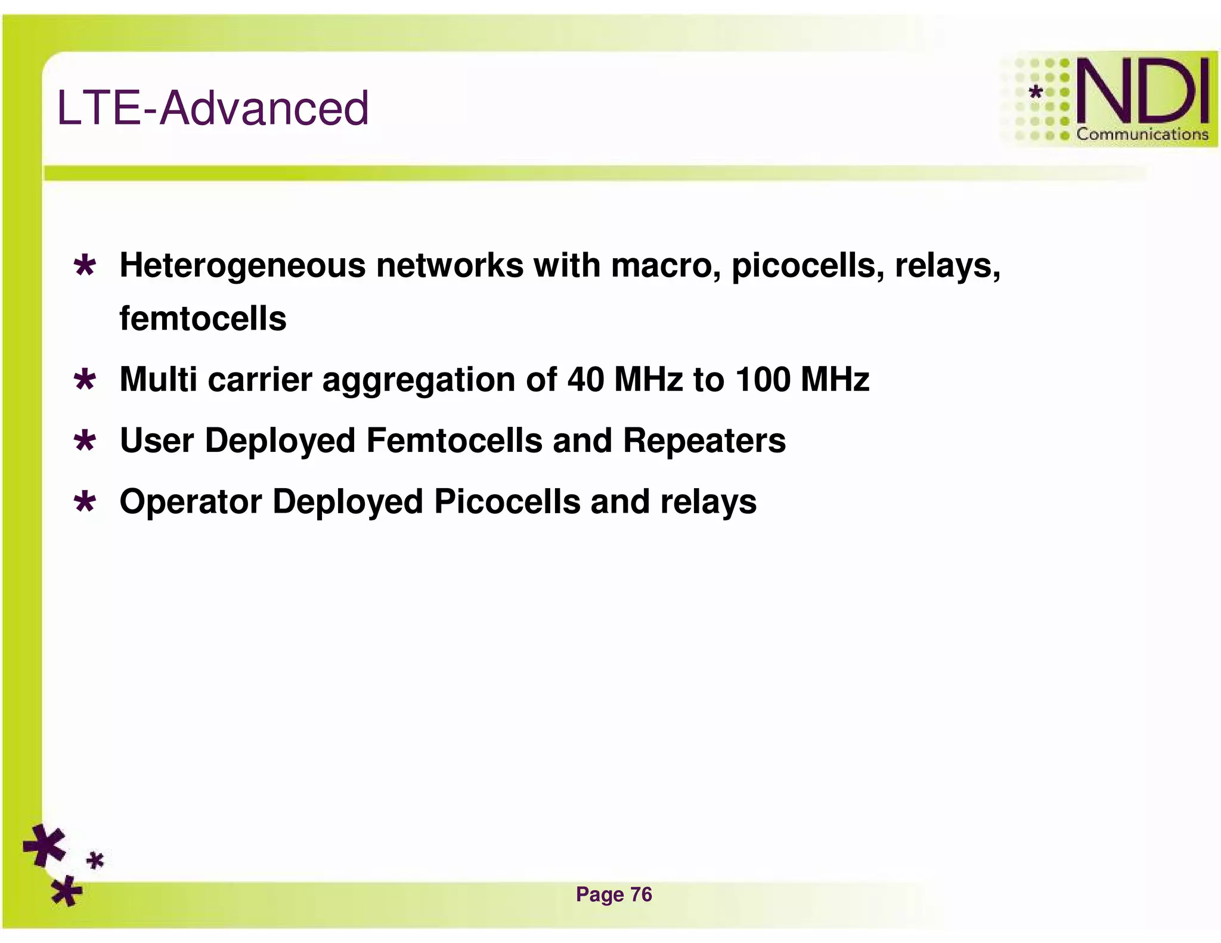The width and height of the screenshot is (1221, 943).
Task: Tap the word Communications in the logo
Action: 1142,135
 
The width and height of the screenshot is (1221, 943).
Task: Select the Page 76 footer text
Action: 613,894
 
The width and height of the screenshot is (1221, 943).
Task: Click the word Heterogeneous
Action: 243,265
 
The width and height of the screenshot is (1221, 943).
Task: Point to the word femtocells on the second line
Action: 203,318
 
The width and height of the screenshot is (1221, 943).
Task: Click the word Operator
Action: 191,501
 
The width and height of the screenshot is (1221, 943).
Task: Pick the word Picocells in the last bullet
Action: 507,501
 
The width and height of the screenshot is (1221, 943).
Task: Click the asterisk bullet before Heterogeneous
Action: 85,266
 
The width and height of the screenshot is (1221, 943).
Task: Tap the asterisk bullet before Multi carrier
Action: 85,380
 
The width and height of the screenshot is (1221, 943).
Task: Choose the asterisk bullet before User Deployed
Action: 85,441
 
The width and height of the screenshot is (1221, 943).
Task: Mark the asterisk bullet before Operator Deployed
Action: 85,502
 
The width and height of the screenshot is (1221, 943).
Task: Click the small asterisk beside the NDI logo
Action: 1036,92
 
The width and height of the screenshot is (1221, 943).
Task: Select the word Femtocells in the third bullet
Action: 454,441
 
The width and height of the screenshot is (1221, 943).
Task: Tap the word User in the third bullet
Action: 157,441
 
